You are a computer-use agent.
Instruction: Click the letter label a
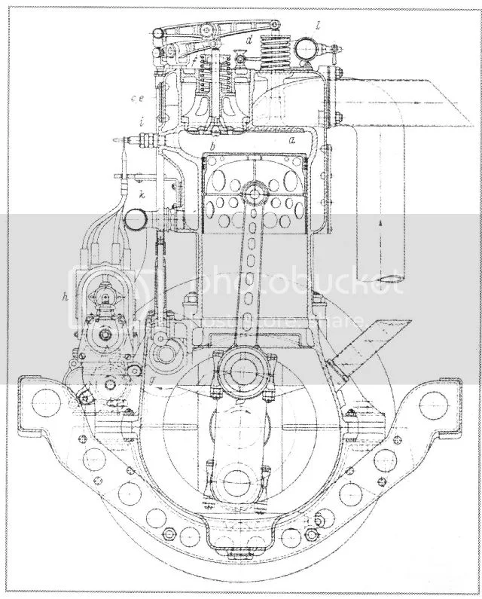point(292,140)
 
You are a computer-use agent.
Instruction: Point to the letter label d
point(249,38)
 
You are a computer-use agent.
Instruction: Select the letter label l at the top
point(319,26)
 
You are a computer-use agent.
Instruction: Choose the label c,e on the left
point(136,98)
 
